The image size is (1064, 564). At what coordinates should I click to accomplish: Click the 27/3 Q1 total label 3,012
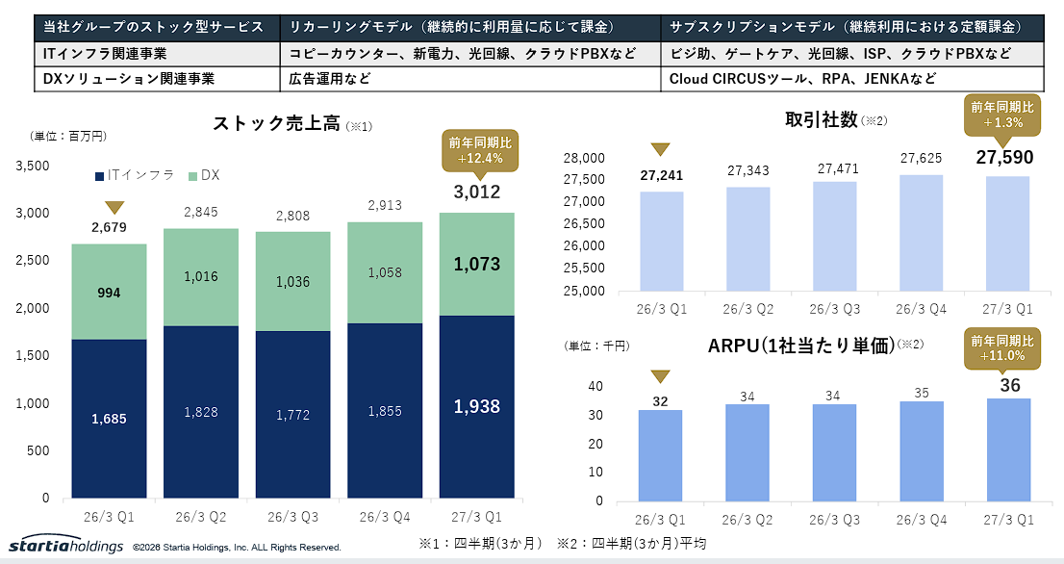[x=477, y=192]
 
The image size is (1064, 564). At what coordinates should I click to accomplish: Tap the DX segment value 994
[x=109, y=293]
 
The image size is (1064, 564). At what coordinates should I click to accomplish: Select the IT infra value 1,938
[x=477, y=406]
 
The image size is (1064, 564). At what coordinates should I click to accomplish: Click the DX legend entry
[x=204, y=175]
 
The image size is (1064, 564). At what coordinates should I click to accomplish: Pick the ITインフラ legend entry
[x=135, y=175]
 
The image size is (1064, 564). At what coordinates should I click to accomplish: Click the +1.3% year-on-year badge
[x=1002, y=115]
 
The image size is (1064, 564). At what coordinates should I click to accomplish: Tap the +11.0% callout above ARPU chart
[x=1002, y=348]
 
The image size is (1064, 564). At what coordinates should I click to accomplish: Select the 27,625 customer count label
[x=921, y=158]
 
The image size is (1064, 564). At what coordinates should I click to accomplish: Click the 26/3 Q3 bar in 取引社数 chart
[x=835, y=237]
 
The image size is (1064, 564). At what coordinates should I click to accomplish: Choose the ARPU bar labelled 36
[x=1008, y=450]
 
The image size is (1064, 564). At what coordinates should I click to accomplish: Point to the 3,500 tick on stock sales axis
[x=33, y=166]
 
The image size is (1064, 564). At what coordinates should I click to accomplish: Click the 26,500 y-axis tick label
[x=584, y=223]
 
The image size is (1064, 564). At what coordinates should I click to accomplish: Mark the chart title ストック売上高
[x=276, y=123]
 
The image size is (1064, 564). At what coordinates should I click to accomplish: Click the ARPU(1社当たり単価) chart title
[x=801, y=346]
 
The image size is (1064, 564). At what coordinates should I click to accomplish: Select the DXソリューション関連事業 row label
[x=128, y=79]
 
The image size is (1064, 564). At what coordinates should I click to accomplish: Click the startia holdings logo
[x=65, y=546]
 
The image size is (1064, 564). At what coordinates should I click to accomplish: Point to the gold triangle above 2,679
[x=114, y=208]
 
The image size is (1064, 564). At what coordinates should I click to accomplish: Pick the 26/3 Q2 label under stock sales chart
[x=201, y=517]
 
